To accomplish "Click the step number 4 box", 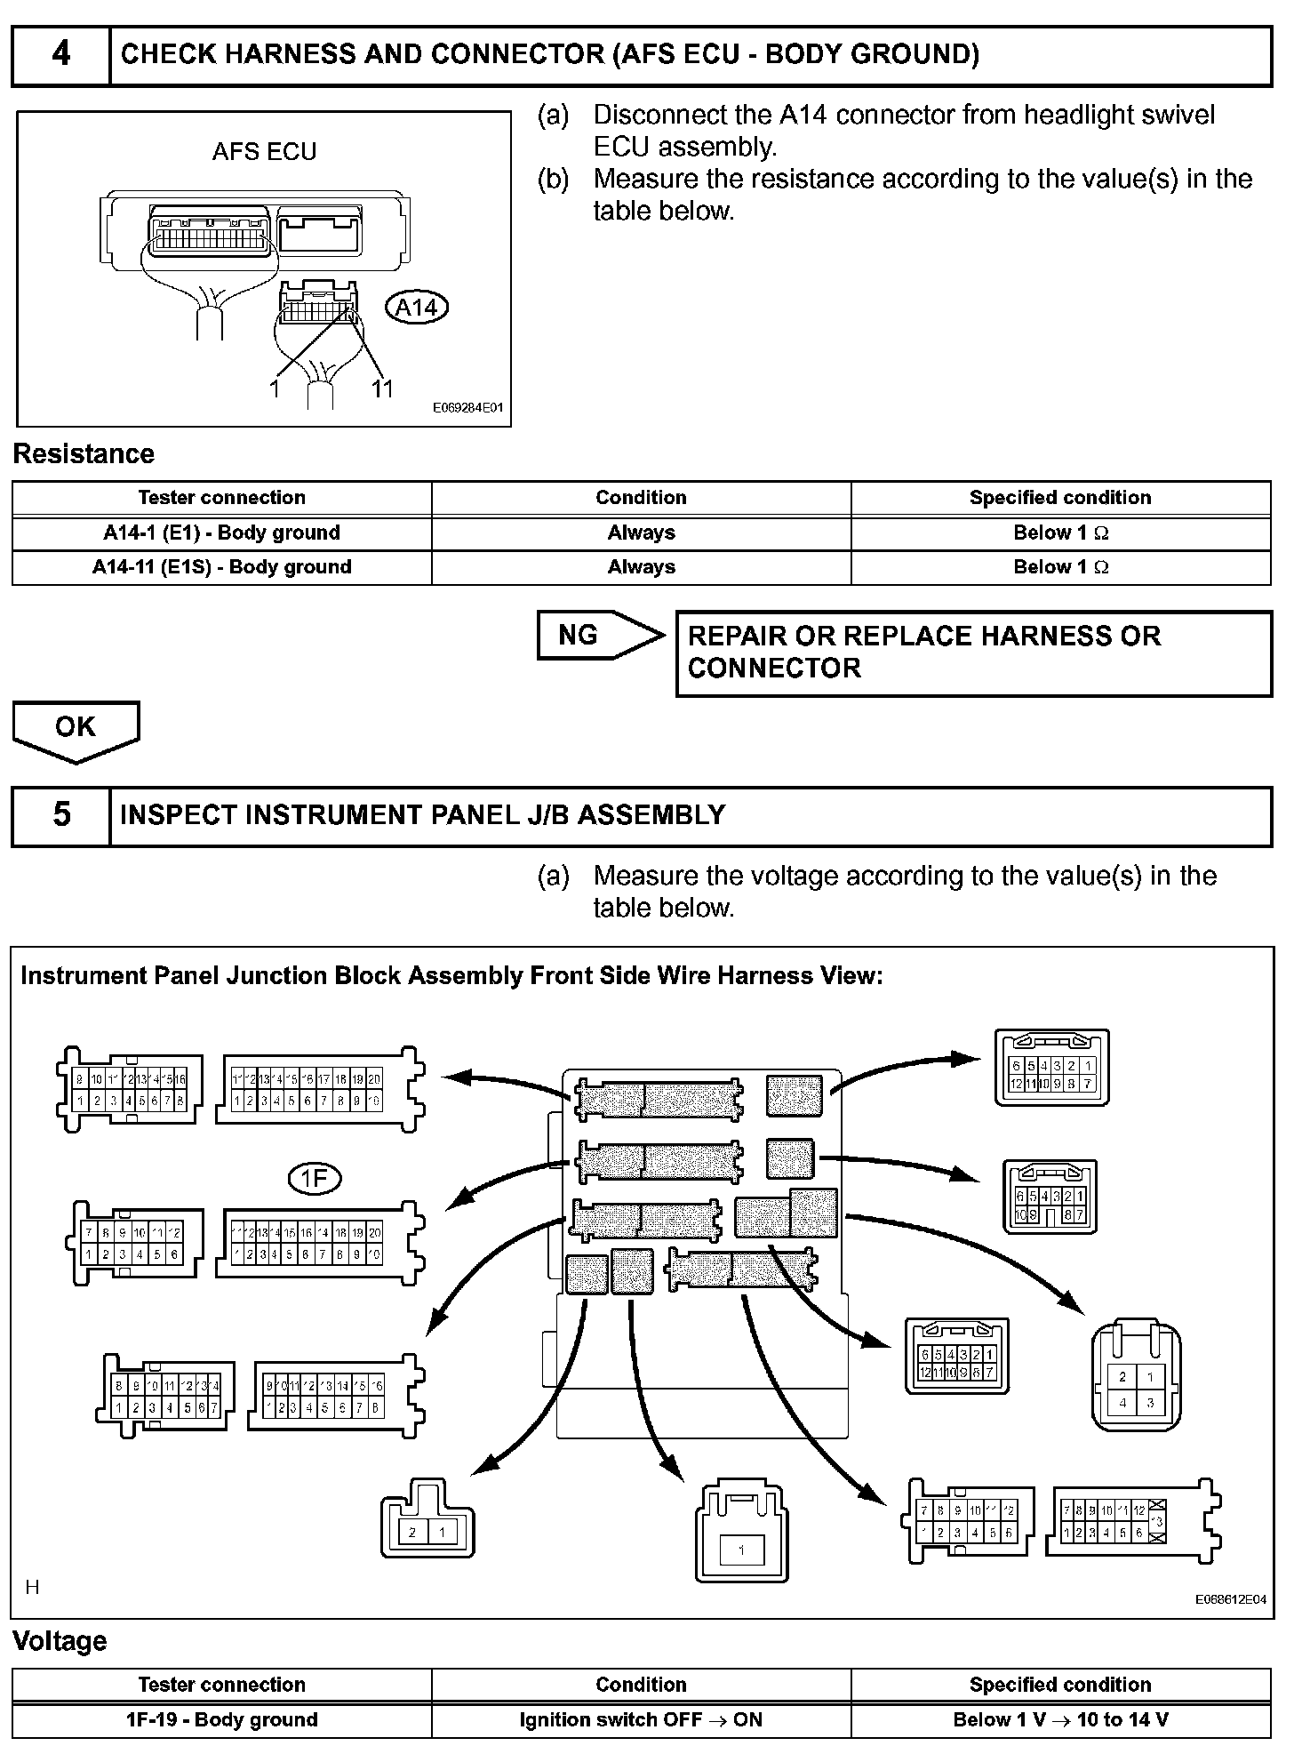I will (60, 55).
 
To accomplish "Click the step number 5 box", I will (60, 815).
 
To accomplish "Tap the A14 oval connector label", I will (416, 308).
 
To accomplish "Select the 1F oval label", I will (315, 1179).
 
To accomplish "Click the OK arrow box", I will (76, 729).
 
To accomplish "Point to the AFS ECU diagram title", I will (264, 152).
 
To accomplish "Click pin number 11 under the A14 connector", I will (382, 389).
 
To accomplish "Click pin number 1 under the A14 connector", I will (275, 389).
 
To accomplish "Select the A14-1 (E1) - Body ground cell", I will (221, 533).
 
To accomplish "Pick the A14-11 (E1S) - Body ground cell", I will (221, 567).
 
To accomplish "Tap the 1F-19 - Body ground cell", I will (221, 1719).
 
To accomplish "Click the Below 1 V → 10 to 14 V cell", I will (1060, 1719).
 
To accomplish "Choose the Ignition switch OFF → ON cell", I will (641, 1719).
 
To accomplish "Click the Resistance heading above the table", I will (84, 454).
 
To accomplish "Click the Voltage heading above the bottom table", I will (60, 1641).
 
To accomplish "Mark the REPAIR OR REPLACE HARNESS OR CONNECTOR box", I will (973, 653).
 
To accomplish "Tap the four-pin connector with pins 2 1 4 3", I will (1137, 1382).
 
